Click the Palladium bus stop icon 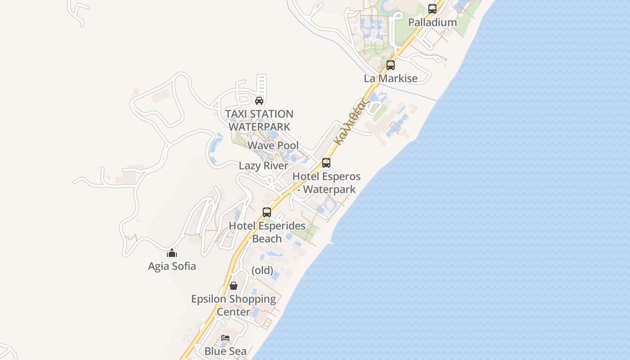[x=432, y=9]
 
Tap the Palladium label [x=432, y=22]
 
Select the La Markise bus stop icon [x=390, y=65]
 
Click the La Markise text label [x=391, y=78]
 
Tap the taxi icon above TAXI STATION [x=259, y=100]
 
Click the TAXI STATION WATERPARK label [x=259, y=121]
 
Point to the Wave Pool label [x=273, y=145]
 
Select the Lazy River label [x=263, y=166]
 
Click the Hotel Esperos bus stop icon [x=326, y=162]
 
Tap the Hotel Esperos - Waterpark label [x=327, y=183]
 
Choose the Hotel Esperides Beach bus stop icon [x=267, y=212]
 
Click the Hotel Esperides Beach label [x=267, y=232]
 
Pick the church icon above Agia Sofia [x=172, y=253]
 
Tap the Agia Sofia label [x=172, y=266]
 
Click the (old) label [x=262, y=270]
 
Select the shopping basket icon [x=233, y=285]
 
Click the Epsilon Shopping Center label [x=233, y=305]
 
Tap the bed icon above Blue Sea [x=225, y=337]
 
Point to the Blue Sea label [x=225, y=351]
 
